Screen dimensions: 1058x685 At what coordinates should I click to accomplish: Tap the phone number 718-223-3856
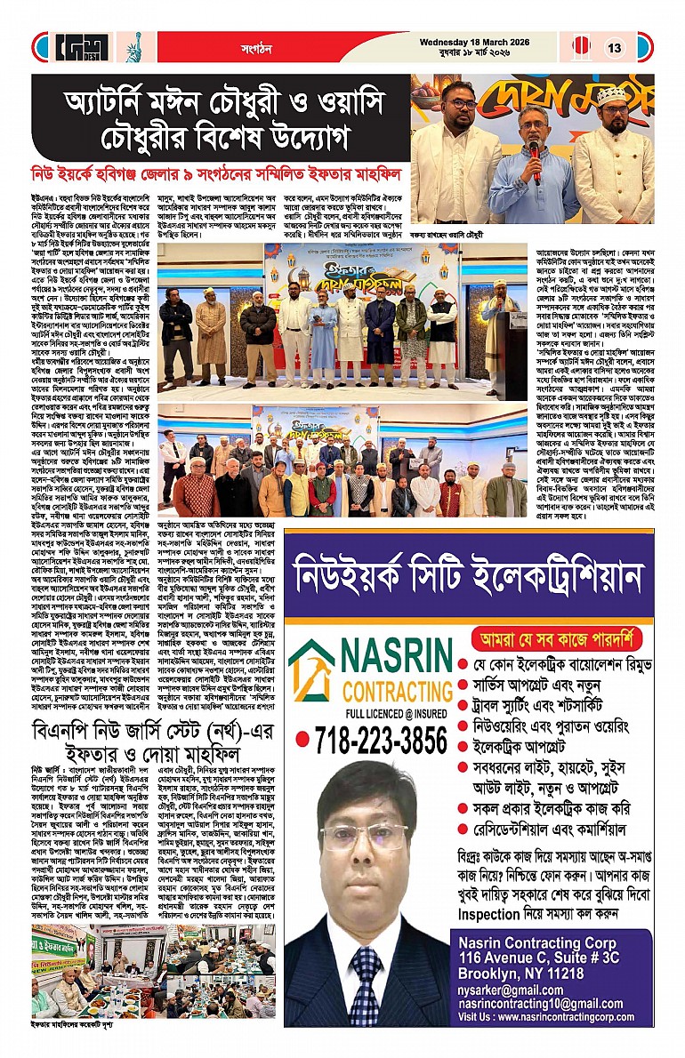click(x=369, y=740)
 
